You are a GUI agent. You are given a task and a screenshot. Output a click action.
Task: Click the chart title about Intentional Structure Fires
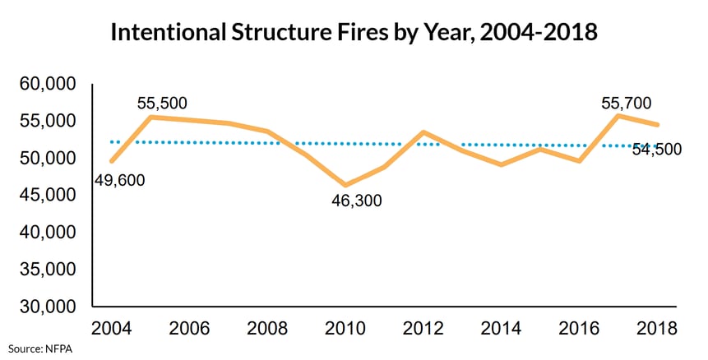354,34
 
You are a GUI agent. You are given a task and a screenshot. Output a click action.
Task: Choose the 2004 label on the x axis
111,329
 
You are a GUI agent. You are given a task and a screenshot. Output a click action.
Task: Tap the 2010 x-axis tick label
345,329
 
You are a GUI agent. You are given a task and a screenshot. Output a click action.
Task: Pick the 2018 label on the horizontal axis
656,329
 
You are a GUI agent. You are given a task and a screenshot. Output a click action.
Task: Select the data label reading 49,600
118,180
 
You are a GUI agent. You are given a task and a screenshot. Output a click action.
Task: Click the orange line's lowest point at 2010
345,185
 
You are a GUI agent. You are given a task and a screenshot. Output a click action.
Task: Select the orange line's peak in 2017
618,115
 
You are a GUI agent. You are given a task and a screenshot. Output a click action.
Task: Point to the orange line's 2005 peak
150,117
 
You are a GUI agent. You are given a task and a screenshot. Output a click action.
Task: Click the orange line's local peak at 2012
423,132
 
